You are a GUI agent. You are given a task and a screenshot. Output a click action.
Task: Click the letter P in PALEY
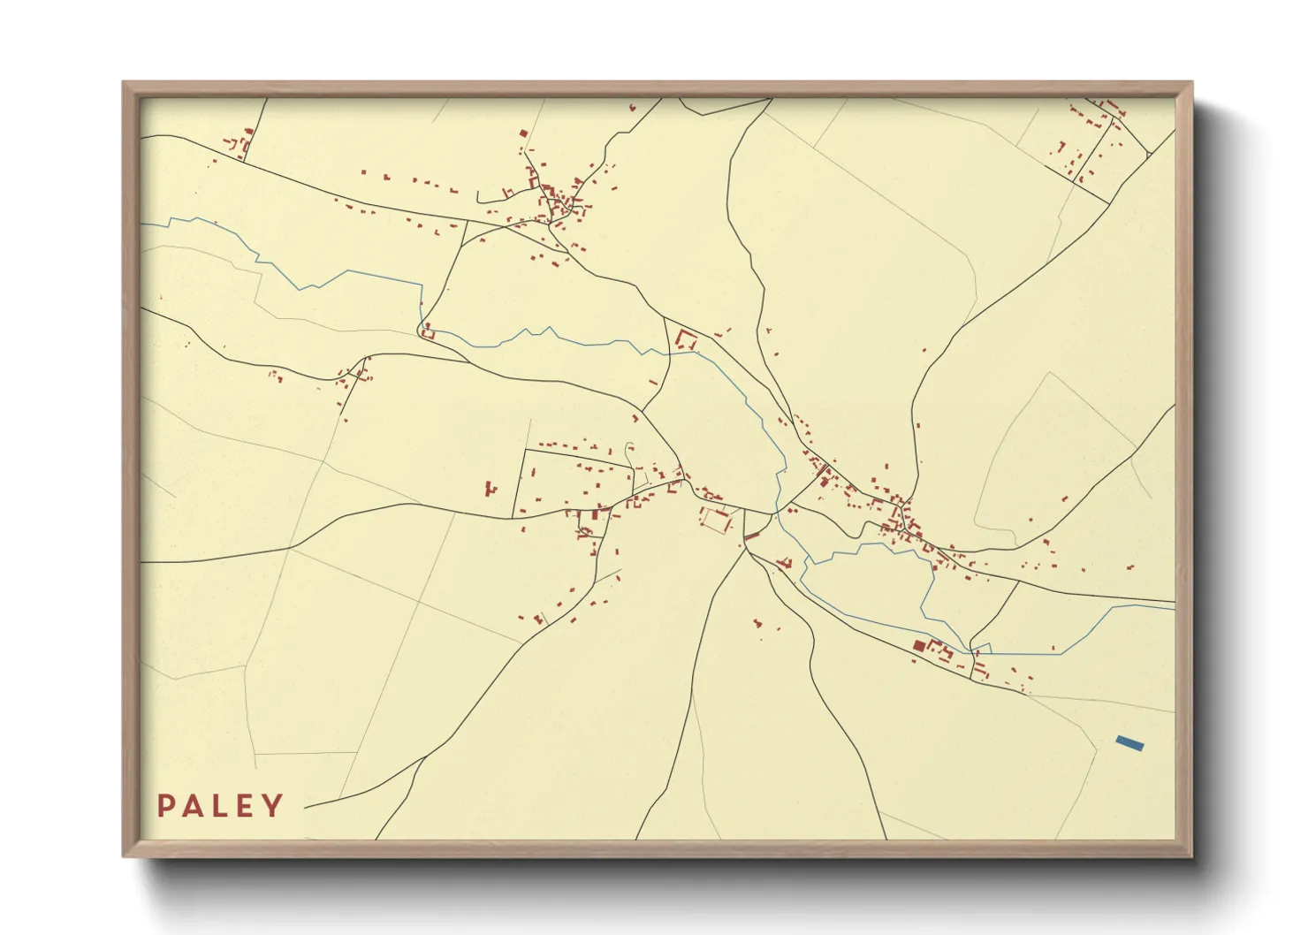[x=166, y=806]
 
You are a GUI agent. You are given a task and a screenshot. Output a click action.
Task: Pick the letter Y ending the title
[x=272, y=806]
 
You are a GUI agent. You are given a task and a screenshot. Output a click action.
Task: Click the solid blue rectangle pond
[x=1129, y=743]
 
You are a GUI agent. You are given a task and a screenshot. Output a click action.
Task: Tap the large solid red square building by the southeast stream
[x=918, y=646]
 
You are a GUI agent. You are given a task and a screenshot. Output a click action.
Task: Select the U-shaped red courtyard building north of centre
[x=686, y=339]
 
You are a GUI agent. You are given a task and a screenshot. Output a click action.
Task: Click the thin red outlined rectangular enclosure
[x=714, y=521]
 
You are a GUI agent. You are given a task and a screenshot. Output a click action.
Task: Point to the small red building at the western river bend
[x=428, y=333]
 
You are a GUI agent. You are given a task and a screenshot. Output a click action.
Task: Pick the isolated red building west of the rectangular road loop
[x=490, y=487]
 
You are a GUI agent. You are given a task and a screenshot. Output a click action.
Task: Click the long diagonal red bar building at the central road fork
[x=752, y=536]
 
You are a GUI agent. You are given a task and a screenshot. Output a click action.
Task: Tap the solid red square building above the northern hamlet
[x=523, y=134]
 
